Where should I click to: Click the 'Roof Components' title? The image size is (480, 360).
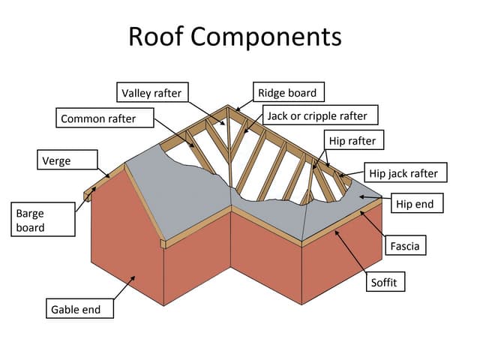235,36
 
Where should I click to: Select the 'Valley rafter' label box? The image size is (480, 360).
153,93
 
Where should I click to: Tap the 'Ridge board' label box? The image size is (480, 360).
288,93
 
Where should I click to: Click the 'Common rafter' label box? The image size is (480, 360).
106,118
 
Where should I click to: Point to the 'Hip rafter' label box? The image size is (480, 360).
352,140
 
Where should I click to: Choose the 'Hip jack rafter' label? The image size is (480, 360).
403,173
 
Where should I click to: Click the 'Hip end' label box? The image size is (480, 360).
414,204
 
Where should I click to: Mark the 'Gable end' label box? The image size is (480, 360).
78,308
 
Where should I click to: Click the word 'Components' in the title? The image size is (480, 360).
275,36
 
